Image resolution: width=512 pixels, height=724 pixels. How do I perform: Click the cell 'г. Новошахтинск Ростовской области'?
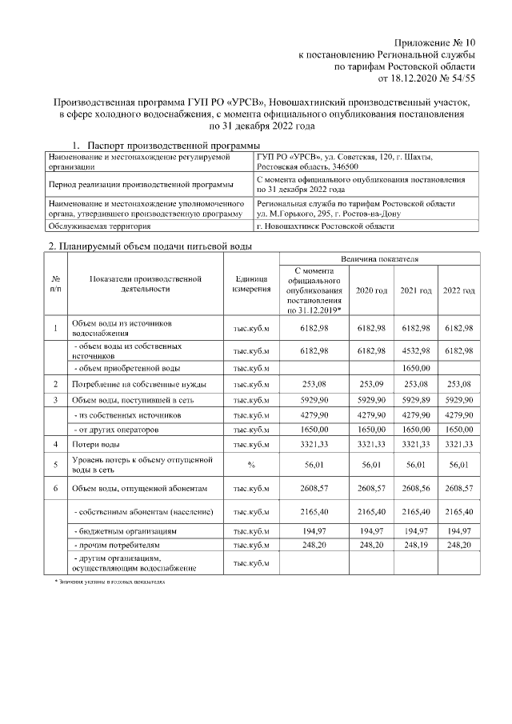pos(325,226)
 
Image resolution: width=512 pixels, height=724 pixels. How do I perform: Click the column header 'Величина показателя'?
pos(378,260)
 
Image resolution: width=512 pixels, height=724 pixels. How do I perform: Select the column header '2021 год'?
pos(415,290)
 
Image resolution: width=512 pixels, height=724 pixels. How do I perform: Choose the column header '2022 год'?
pos(458,290)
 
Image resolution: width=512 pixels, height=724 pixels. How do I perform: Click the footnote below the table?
pos(104,582)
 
